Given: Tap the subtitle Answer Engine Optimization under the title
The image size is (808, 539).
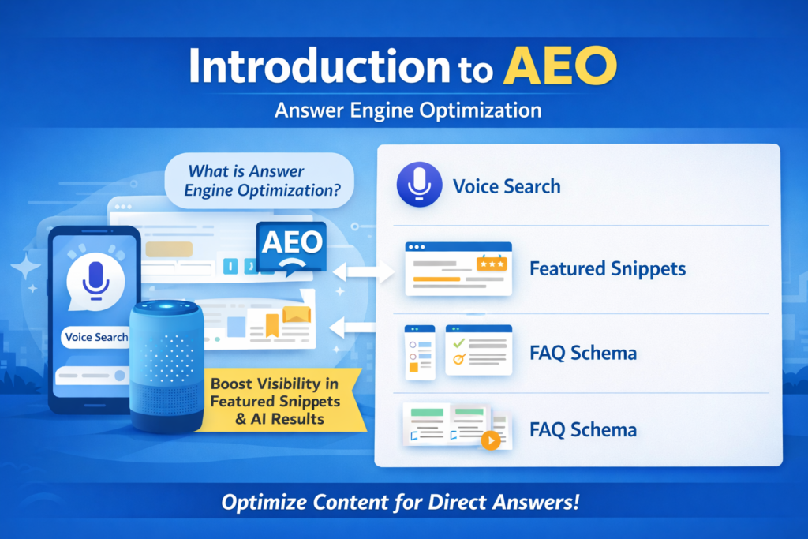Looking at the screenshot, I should coord(408,110).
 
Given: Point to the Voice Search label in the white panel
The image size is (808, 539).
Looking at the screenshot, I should coord(507,187).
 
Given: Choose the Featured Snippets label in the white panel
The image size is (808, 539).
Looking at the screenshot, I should coord(607,268).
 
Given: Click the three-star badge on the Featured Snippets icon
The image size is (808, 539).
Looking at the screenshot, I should coord(491,263).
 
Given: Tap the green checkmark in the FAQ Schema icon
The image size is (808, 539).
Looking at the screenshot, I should coord(456,342).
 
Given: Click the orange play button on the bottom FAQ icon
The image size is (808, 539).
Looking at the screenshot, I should coord(490,440).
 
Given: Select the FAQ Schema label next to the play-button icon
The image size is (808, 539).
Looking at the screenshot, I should coord(583,430).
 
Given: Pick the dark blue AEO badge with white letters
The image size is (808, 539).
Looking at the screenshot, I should coord(290,247).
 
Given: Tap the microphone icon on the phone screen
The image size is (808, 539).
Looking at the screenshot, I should coord(95,278).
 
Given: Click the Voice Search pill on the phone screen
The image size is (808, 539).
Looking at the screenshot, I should coord(96,337).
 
